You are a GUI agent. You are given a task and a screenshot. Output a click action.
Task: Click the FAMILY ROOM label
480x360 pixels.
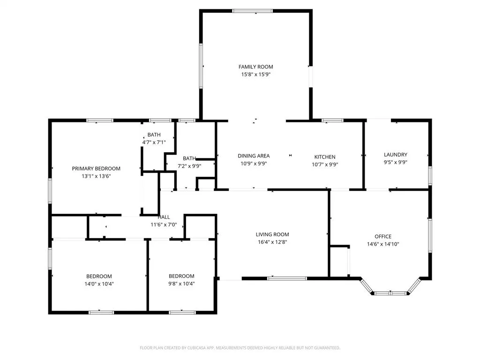point(255,67)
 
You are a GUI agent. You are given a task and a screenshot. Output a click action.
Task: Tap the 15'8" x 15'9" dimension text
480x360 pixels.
point(255,75)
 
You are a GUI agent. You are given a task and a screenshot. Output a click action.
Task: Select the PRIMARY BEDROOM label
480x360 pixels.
point(96,169)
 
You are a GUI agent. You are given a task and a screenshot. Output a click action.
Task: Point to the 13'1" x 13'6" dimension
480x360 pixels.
point(96,176)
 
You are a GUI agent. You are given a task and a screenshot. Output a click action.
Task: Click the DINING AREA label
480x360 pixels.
point(254,156)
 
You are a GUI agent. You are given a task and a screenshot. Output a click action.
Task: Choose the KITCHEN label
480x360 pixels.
point(325,157)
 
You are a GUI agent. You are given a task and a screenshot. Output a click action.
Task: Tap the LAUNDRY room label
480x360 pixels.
point(396,155)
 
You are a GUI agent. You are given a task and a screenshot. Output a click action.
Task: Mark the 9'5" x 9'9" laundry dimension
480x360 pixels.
point(396,162)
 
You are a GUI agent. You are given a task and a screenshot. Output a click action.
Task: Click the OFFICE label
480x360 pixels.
point(383,236)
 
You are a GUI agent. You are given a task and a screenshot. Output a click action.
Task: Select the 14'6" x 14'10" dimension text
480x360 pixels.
point(383,244)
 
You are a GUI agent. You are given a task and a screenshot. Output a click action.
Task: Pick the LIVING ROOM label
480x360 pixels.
point(272,234)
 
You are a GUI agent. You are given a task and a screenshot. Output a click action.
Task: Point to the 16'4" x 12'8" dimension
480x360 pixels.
point(272,242)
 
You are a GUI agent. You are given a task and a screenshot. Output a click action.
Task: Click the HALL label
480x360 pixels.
point(164,217)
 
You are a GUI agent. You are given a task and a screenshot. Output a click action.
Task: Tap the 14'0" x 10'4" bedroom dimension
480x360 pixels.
point(99,284)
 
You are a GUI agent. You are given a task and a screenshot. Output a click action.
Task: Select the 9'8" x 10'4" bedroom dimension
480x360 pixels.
point(181,284)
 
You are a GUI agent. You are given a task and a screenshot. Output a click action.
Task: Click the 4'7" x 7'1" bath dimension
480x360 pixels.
point(154,142)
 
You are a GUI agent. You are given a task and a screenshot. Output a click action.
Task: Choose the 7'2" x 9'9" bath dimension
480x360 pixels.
point(189,166)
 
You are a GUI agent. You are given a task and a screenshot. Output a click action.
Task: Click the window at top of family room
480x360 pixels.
point(252,11)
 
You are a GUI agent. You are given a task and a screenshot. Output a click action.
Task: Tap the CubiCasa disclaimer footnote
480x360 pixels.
point(240,348)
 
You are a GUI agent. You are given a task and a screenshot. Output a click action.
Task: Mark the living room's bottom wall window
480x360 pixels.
point(287,278)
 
